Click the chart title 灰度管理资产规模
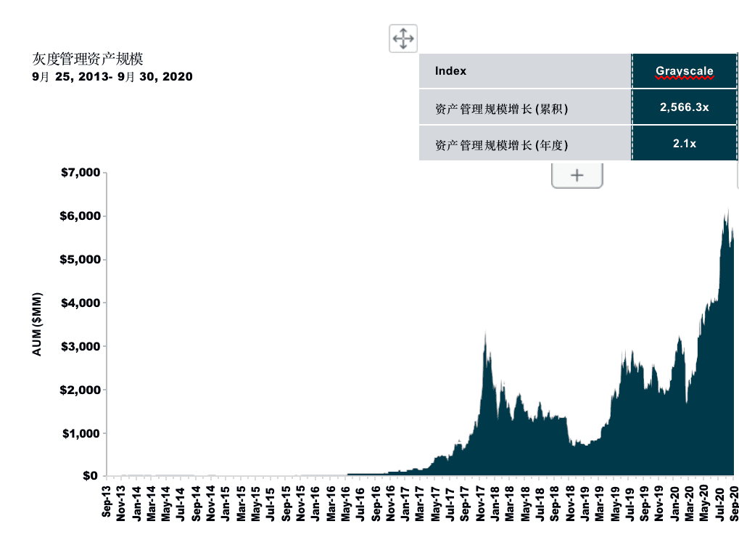coord(88,59)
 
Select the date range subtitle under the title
coord(112,77)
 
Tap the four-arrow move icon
coord(403,38)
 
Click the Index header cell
coord(450,71)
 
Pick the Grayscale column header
coord(685,71)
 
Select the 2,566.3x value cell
coord(685,107)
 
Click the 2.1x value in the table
coord(685,144)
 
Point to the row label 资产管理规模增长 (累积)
coord(501,109)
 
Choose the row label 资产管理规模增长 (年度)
coord(501,145)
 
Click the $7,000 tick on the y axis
coord(80,173)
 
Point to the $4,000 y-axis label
coord(80,303)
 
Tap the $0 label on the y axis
coord(91,475)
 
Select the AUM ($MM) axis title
coord(37,324)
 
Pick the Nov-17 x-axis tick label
coord(480,504)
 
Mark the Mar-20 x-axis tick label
coord(689,504)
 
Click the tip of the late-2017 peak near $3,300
coord(485,332)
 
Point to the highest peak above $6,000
coord(728,208)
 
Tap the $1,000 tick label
coord(80,434)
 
